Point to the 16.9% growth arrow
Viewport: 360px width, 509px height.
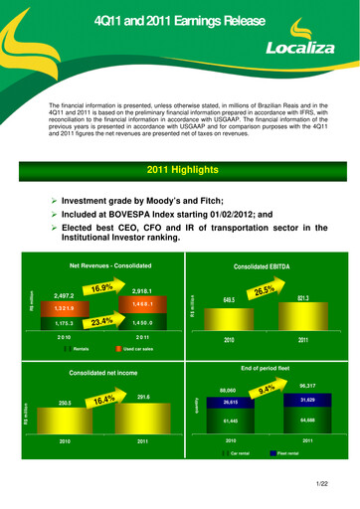[x=103, y=287]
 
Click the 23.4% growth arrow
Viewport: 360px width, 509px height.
[x=103, y=322]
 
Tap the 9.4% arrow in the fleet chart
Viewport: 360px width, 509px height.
[x=266, y=390]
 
